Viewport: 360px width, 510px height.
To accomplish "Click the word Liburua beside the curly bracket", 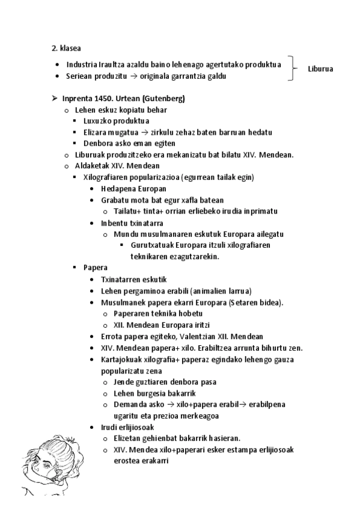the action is (320, 69).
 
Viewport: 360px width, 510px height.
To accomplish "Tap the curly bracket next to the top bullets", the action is (293, 68).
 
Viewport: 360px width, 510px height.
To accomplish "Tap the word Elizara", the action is (96, 132).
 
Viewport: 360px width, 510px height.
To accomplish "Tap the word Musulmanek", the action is (123, 302).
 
